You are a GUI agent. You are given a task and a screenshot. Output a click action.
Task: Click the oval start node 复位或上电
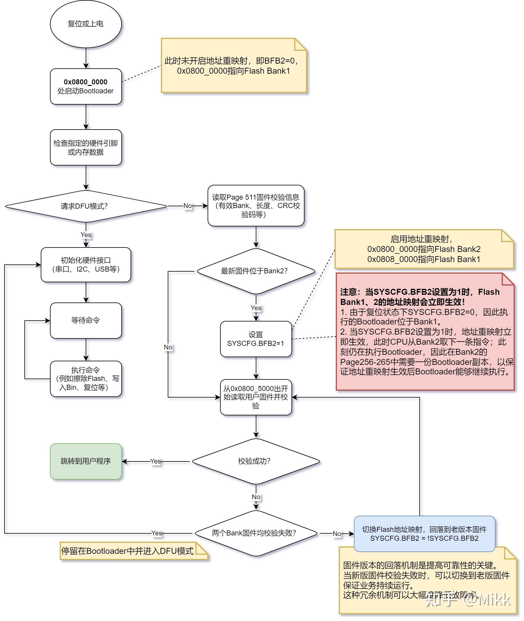point(86,24)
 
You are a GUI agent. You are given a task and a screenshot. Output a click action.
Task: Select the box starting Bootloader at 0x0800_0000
point(86,86)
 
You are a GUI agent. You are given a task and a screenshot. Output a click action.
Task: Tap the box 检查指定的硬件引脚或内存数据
point(86,147)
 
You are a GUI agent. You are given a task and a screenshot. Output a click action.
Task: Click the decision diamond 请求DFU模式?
point(86,206)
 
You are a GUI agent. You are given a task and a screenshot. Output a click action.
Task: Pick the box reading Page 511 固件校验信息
point(256,206)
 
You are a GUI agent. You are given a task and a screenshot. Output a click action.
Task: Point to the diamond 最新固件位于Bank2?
point(256,271)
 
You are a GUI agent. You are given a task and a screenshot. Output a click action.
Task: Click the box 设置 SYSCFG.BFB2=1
point(256,339)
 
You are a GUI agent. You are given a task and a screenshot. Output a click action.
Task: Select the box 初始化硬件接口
point(86,265)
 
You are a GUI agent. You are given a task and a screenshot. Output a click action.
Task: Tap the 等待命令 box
point(86,320)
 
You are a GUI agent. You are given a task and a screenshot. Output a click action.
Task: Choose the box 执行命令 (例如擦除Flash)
point(86,379)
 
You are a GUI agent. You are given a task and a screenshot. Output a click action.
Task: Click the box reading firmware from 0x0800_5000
point(256,397)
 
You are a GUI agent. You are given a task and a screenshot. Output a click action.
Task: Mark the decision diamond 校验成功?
point(256,461)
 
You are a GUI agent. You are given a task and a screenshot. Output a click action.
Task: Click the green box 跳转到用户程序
point(86,461)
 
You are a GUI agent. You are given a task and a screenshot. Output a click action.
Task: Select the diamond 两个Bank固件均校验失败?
point(256,533)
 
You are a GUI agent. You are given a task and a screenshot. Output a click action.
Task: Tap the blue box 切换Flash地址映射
point(424,534)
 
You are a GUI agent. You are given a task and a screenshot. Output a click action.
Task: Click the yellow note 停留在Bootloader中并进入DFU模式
point(128,551)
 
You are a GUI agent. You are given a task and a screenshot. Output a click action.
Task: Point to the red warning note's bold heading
point(419,297)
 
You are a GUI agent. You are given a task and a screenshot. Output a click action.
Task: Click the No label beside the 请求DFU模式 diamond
point(188,206)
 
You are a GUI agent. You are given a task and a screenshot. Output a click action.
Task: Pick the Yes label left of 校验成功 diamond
point(155,461)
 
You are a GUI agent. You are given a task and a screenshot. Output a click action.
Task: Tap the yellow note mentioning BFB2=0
point(233,66)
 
